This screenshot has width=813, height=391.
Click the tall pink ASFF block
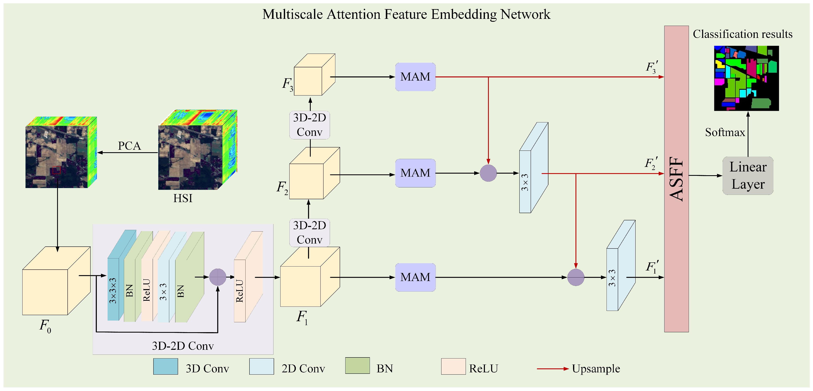(676, 179)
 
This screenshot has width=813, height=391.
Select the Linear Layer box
(748, 176)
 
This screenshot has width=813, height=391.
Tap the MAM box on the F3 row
(415, 77)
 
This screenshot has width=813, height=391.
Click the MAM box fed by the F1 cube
(415, 277)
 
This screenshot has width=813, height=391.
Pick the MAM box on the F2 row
(415, 173)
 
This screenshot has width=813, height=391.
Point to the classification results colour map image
(746, 78)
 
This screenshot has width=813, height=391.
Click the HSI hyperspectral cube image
(197, 150)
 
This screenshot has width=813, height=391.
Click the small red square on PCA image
(56, 170)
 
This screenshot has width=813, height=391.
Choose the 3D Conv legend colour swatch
(165, 366)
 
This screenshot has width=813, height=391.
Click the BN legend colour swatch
(357, 366)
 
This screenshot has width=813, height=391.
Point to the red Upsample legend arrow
(552, 369)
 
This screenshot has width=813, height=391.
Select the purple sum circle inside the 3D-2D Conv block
(217, 277)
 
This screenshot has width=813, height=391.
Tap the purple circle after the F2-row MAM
(488, 173)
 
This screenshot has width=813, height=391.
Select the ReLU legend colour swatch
(453, 366)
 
